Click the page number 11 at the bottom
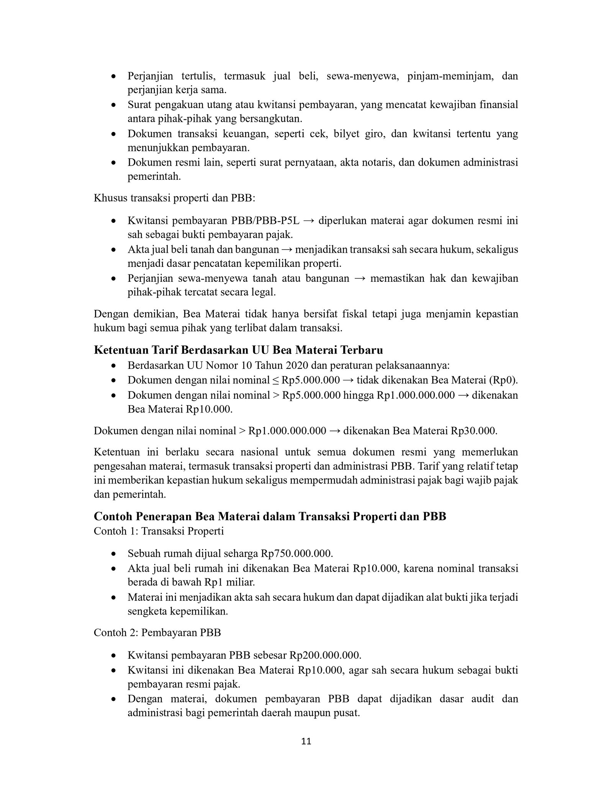pyautogui.click(x=306, y=752)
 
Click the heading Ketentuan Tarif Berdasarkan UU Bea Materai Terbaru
pyautogui.click(x=238, y=350)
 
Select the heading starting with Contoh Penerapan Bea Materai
pyautogui.click(x=270, y=516)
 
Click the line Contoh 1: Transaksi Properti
pyautogui.click(x=159, y=531)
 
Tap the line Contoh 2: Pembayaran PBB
pyautogui.click(x=157, y=632)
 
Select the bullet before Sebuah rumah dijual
pyautogui.click(x=113, y=554)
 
